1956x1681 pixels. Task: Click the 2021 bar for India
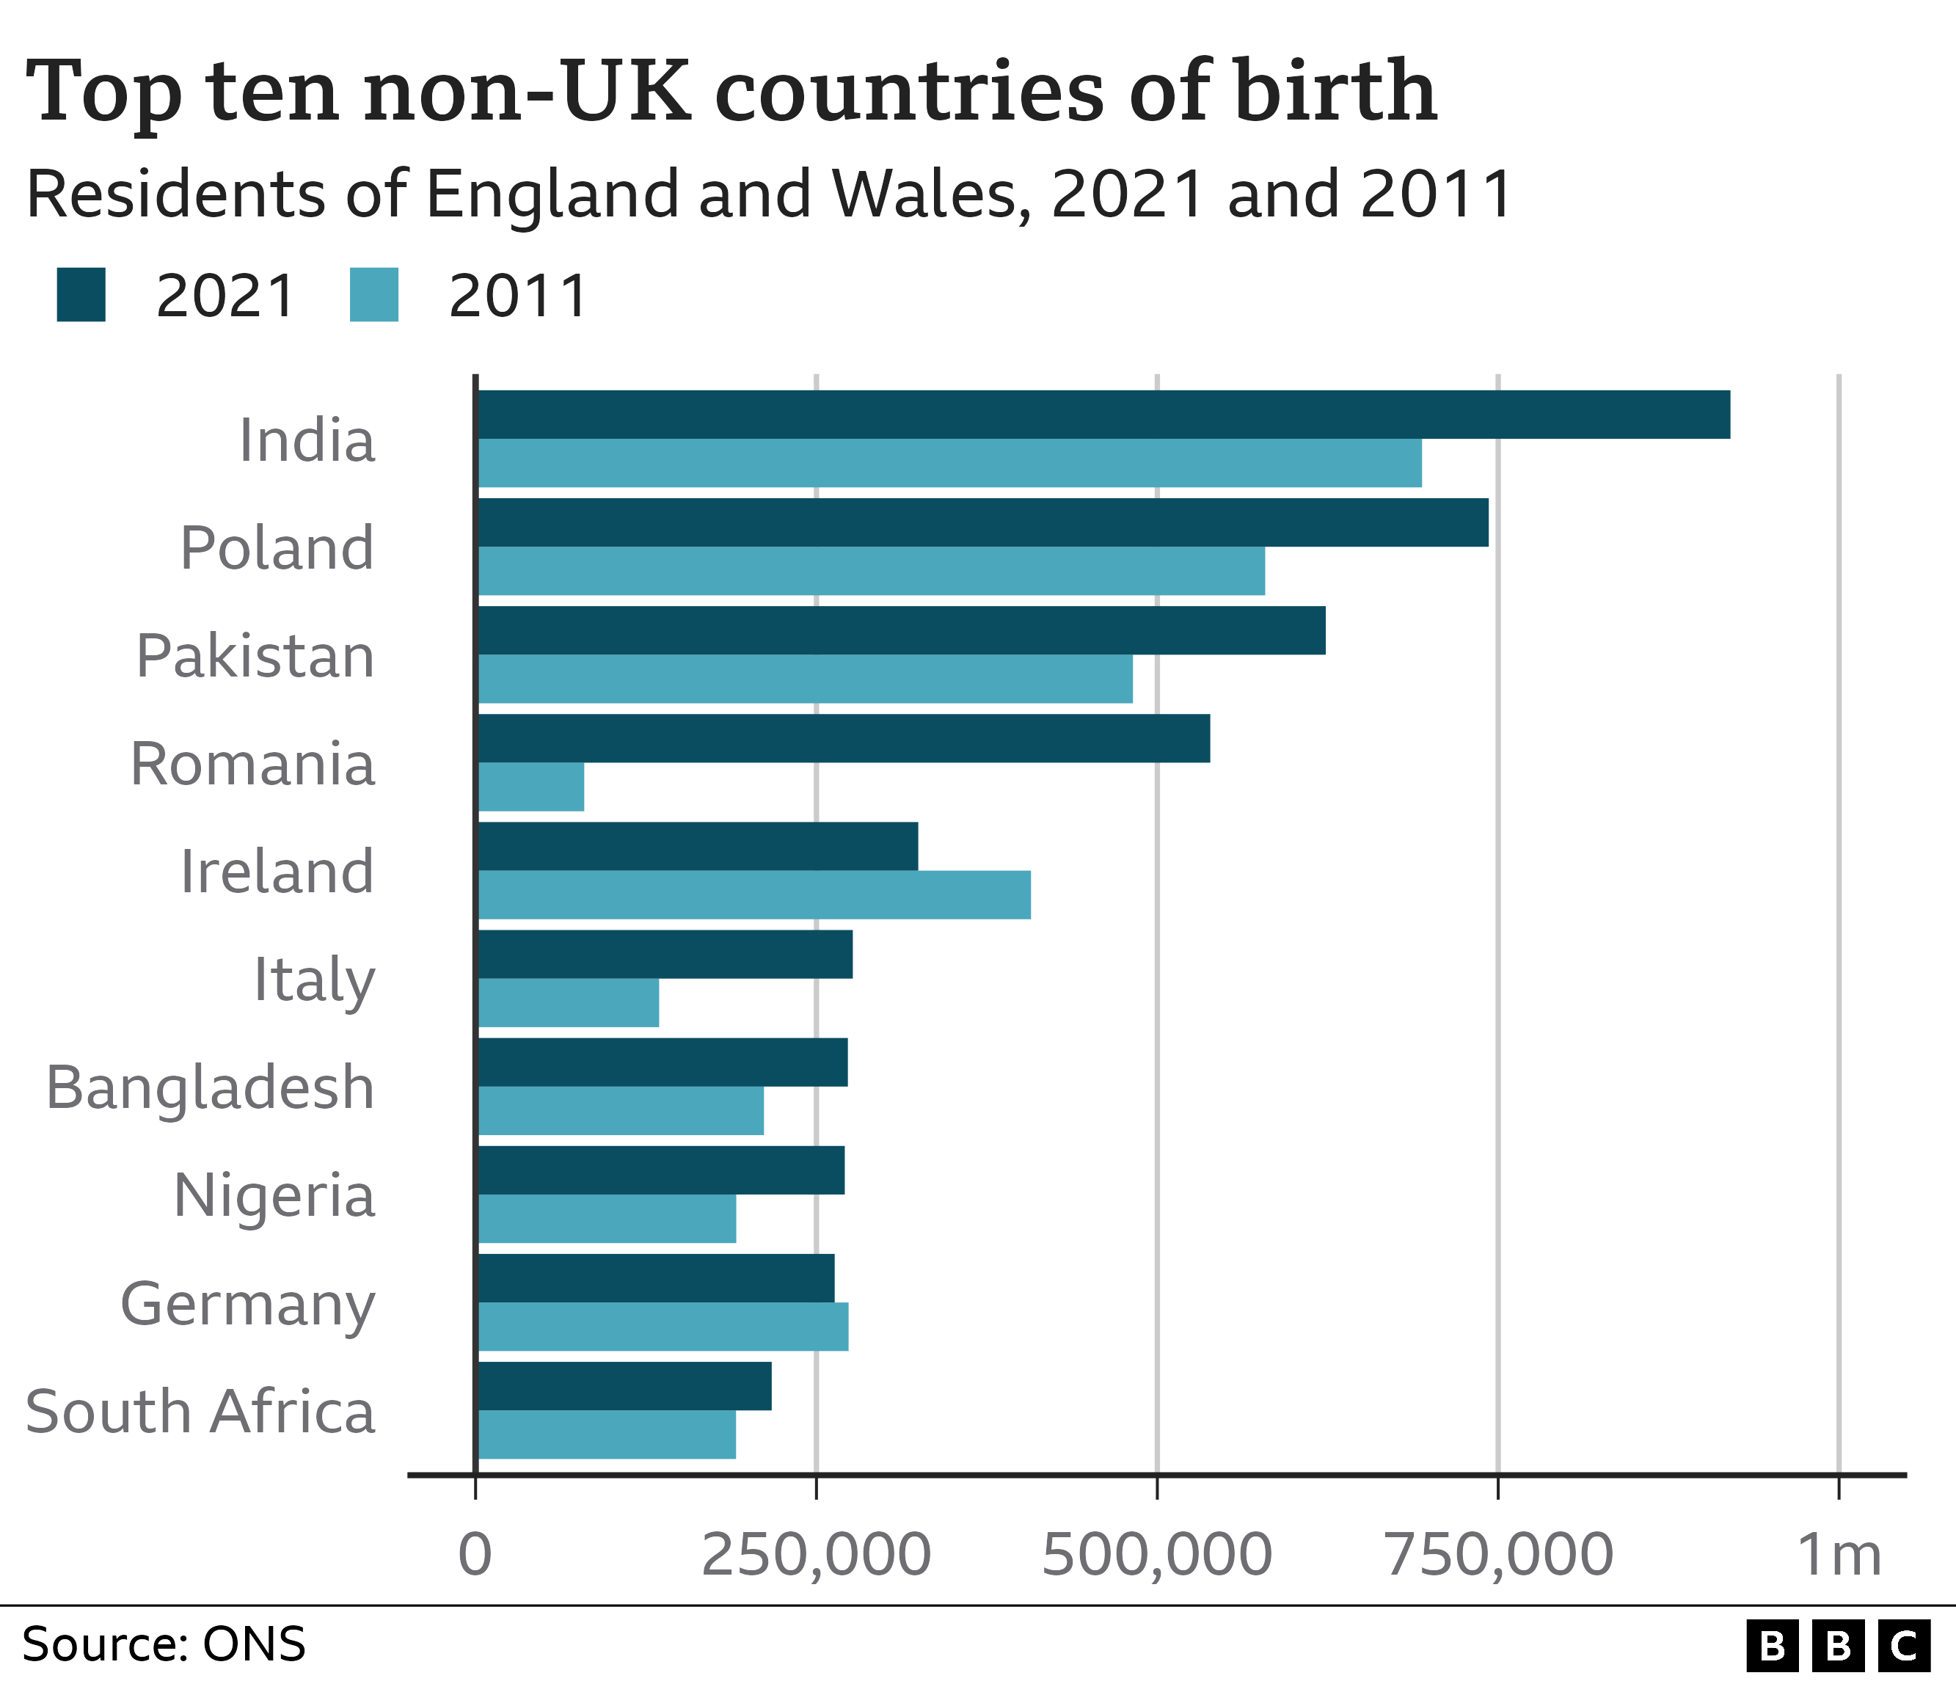click(x=1103, y=415)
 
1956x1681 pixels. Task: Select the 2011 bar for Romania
click(x=530, y=787)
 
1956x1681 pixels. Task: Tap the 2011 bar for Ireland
click(x=753, y=894)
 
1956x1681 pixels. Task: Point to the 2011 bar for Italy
click(x=569, y=1002)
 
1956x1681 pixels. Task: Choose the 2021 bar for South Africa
click(x=624, y=1385)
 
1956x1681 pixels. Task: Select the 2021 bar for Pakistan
click(x=900, y=630)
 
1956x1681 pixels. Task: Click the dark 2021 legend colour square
click(x=81, y=296)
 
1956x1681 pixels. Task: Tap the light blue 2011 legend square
click(x=374, y=296)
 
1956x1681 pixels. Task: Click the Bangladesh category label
click(x=211, y=1087)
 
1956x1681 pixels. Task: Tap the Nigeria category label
click(x=274, y=1195)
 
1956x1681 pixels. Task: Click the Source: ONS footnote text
click(x=164, y=1644)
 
